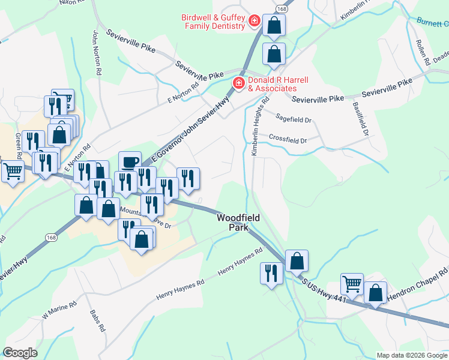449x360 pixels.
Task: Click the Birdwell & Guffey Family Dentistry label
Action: coord(213,22)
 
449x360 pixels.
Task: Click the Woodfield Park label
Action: coord(238,223)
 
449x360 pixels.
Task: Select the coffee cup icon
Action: coord(130,162)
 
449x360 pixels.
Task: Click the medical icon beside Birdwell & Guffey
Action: coord(255,22)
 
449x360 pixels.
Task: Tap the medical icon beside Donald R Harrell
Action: coord(238,82)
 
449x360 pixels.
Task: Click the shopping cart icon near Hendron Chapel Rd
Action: coord(352,284)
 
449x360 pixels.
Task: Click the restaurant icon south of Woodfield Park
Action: coord(271,274)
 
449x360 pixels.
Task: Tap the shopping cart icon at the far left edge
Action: coord(12,172)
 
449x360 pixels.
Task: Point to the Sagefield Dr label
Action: coord(294,119)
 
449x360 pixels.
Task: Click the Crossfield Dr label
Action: coord(288,139)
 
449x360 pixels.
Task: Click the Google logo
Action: coord(20,353)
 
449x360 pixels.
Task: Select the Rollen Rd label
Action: coord(423,53)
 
